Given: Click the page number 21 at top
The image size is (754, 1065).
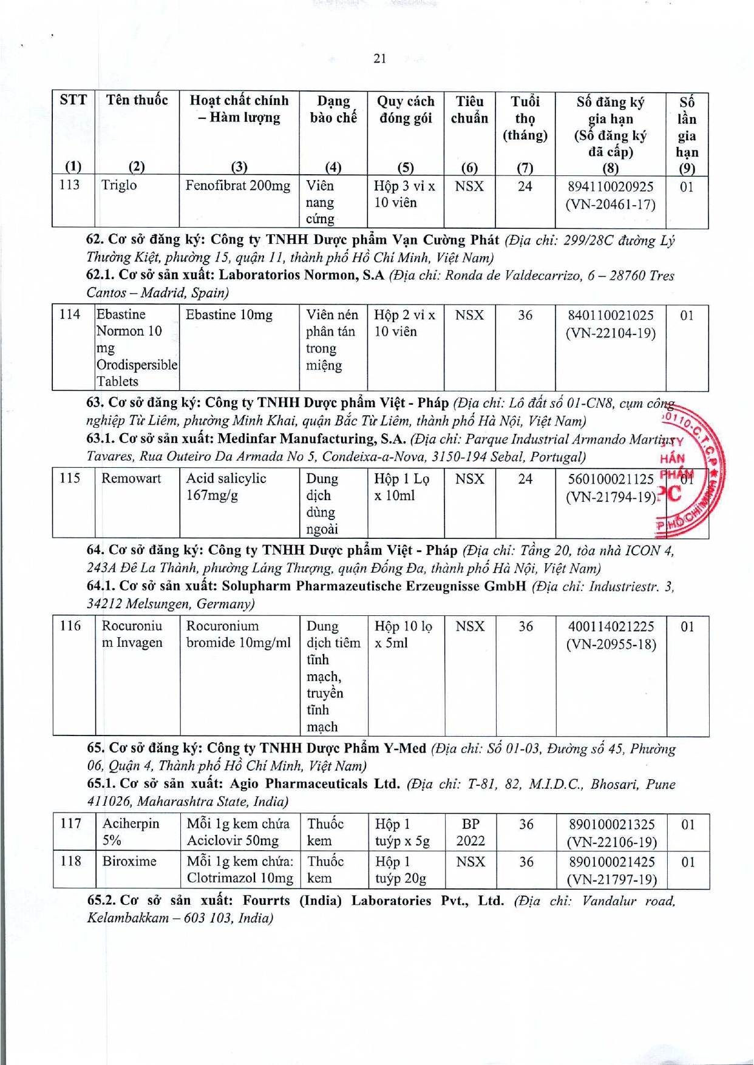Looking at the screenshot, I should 380,58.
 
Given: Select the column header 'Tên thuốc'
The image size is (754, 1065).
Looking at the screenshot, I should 137,100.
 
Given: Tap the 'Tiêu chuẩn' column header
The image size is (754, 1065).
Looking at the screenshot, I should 469,110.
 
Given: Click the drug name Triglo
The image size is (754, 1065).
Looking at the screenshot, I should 119,185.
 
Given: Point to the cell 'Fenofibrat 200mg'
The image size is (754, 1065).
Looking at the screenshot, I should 238,186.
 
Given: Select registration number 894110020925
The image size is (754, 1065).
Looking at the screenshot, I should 610,187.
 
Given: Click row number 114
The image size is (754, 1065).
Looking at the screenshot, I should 70,314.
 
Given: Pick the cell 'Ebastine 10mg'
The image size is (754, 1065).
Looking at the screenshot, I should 229,315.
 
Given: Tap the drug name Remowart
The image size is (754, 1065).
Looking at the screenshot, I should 131,478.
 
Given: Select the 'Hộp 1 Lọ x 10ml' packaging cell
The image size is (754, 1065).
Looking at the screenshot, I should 401,487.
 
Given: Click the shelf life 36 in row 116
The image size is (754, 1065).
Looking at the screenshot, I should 525,626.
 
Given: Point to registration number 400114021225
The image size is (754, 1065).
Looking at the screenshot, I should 611,626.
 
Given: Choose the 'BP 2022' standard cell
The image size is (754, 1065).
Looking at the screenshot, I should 470,832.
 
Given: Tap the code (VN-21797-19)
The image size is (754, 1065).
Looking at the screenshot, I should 611,879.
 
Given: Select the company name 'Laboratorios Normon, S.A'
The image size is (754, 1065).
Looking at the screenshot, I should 302,276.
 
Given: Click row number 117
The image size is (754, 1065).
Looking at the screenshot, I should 71,823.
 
